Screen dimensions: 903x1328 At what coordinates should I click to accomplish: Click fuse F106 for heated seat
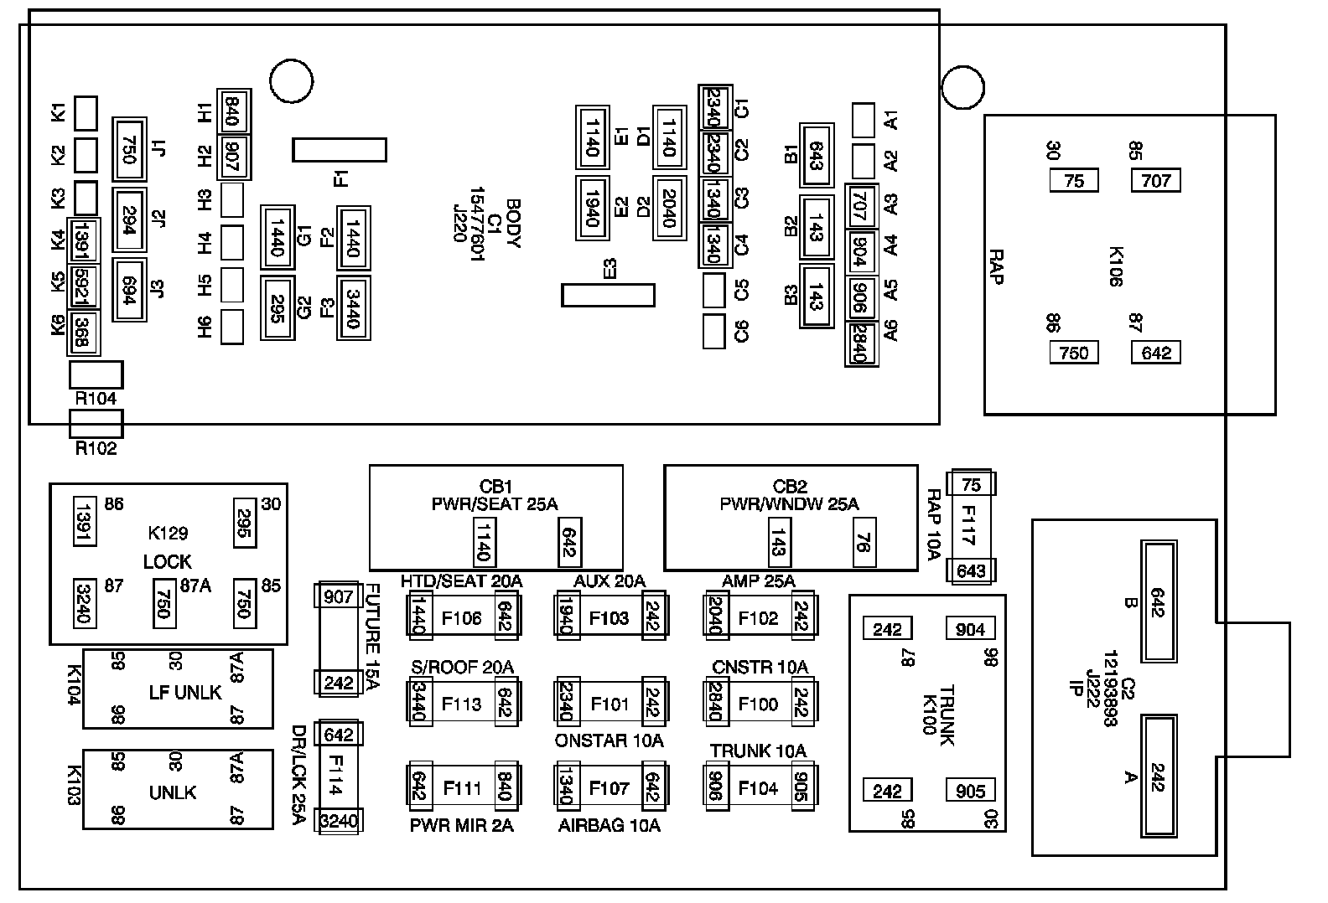click(462, 618)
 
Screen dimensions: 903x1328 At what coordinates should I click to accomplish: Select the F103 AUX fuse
click(610, 618)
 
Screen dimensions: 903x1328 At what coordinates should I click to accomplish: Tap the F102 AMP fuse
click(758, 618)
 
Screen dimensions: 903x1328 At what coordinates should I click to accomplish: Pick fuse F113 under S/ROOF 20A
click(462, 704)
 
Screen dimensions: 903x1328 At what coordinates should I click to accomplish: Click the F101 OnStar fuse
click(610, 704)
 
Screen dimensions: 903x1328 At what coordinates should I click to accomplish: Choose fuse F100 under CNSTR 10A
click(758, 704)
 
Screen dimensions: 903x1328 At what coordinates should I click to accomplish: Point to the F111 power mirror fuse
click(462, 787)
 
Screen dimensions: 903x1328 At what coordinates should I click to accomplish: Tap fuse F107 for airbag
click(610, 787)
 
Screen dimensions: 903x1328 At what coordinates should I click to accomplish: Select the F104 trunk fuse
click(758, 787)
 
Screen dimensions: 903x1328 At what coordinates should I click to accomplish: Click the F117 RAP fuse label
click(970, 527)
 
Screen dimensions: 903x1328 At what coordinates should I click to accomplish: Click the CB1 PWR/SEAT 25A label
click(495, 495)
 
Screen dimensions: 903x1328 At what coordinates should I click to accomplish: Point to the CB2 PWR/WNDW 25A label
click(790, 495)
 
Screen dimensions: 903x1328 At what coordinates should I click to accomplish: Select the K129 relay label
click(168, 533)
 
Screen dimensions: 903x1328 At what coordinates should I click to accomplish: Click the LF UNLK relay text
click(184, 692)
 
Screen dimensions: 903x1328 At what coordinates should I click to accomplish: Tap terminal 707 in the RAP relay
click(1156, 180)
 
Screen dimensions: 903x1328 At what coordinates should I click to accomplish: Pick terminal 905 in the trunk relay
click(971, 791)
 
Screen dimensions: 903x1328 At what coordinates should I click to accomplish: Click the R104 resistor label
click(96, 400)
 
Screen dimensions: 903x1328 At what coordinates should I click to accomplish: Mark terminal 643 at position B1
click(816, 155)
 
